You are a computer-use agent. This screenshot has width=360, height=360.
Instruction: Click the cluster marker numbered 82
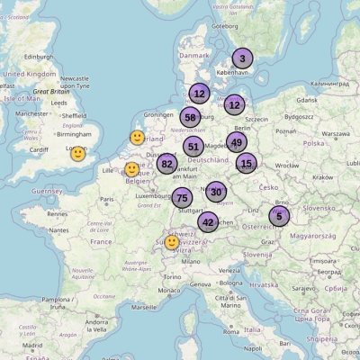(x=166, y=164)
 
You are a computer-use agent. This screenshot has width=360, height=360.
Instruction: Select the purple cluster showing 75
(x=183, y=198)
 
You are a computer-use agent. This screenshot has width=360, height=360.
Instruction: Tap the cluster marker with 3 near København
(x=242, y=58)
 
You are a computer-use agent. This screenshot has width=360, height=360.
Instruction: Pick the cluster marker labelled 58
(x=190, y=117)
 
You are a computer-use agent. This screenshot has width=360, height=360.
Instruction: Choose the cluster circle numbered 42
(x=208, y=222)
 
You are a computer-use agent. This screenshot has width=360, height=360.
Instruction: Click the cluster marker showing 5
(x=279, y=216)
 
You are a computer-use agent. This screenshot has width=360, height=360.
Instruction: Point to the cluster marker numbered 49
(x=237, y=141)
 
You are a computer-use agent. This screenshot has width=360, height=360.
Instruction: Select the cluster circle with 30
(x=216, y=191)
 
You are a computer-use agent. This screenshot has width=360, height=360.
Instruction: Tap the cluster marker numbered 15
(x=247, y=164)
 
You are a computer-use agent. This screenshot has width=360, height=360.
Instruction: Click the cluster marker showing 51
(x=193, y=147)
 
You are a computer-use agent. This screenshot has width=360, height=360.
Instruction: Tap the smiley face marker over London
(x=78, y=154)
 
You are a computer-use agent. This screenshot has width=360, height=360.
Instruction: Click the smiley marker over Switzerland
(x=172, y=242)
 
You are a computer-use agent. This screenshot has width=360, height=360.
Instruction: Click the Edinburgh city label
(x=39, y=57)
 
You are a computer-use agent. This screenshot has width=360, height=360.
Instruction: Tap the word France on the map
(x=101, y=241)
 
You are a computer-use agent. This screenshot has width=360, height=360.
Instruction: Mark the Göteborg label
(x=224, y=26)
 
